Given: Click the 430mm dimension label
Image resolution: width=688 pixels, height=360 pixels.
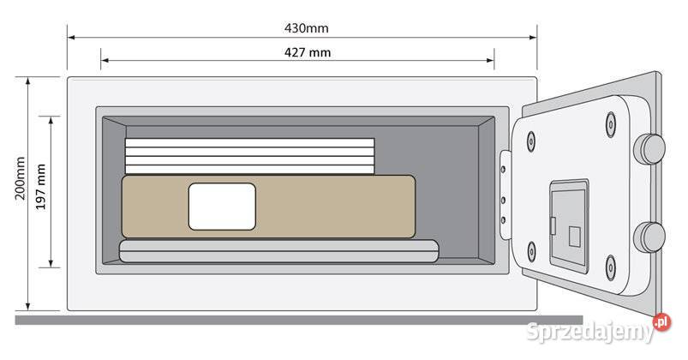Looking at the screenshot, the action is [306, 28].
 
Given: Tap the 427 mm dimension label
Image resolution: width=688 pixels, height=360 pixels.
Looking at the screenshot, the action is [308, 52].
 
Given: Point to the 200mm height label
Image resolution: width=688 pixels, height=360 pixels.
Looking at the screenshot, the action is [21, 178].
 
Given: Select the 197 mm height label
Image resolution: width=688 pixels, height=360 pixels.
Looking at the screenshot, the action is [41, 187].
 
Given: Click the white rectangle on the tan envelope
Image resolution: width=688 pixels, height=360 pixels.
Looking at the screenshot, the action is [222, 207].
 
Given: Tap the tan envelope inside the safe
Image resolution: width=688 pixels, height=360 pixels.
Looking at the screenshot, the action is [268, 207].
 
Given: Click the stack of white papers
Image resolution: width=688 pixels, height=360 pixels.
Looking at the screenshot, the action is [249, 156].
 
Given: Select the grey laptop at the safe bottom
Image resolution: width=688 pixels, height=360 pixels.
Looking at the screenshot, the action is [279, 251].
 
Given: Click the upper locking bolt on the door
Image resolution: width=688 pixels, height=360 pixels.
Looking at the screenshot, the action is [649, 149].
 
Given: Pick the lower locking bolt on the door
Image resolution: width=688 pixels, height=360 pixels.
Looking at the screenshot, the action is [649, 237].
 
